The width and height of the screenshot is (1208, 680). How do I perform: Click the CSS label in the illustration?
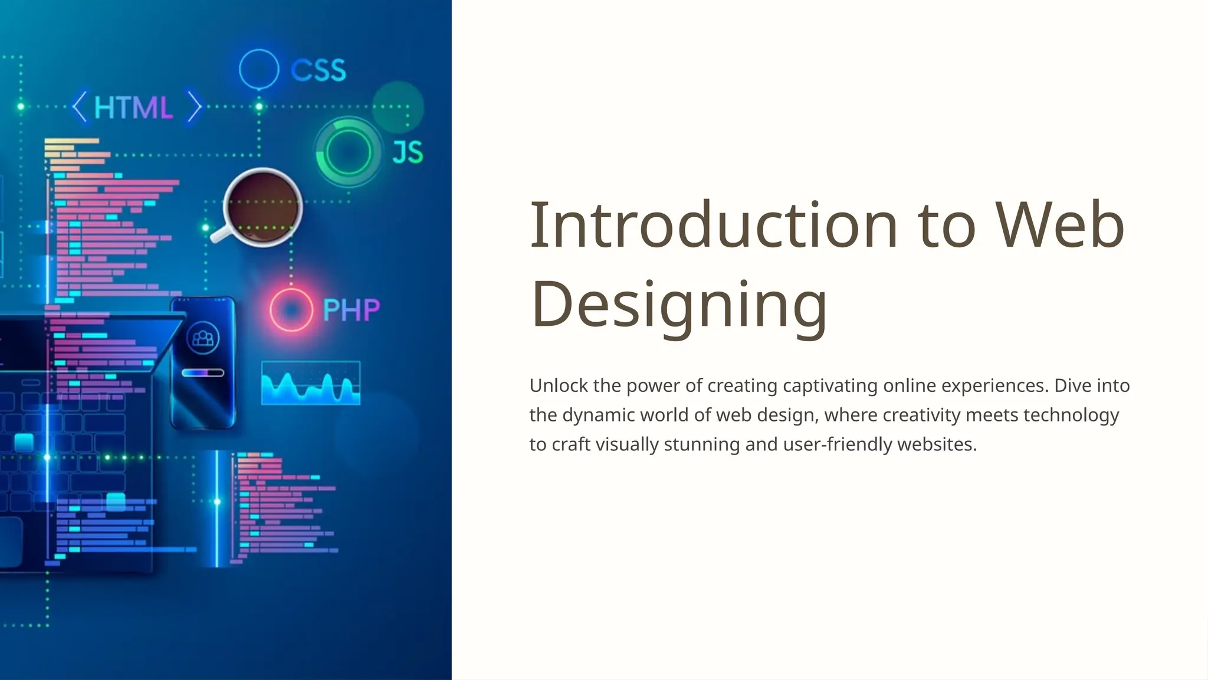(318, 71)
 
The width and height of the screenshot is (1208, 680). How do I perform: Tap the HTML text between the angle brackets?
(133, 108)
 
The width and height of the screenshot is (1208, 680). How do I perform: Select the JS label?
(408, 152)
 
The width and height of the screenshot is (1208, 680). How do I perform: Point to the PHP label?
(352, 310)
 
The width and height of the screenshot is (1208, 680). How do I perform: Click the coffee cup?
(262, 206)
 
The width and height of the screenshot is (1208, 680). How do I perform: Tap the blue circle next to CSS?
(259, 69)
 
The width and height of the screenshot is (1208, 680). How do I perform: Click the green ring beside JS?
(348, 152)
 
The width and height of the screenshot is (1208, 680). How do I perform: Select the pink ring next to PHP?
(291, 310)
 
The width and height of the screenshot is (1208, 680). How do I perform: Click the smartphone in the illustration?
(203, 362)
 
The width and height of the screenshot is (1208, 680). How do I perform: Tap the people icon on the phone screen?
(203, 338)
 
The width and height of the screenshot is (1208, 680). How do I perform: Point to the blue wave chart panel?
(311, 383)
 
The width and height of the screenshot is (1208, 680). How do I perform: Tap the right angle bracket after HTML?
(195, 107)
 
